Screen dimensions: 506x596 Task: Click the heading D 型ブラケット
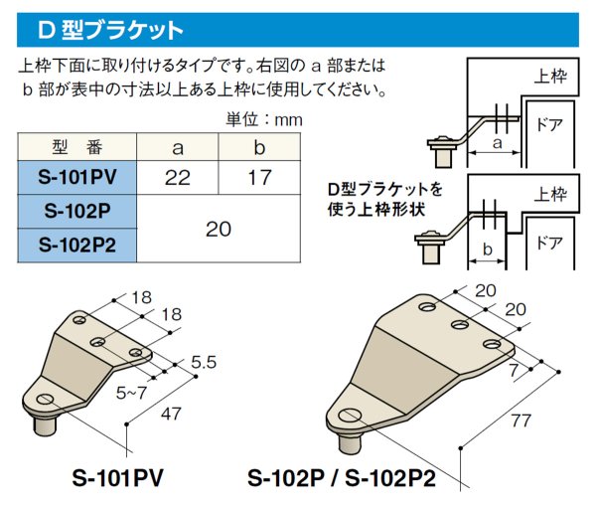tap(110, 30)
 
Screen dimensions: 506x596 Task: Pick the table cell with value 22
tap(179, 178)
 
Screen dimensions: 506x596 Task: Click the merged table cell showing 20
tap(218, 229)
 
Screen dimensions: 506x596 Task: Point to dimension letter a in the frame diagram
tap(496, 144)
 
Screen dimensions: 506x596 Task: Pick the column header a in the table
tap(179, 148)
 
